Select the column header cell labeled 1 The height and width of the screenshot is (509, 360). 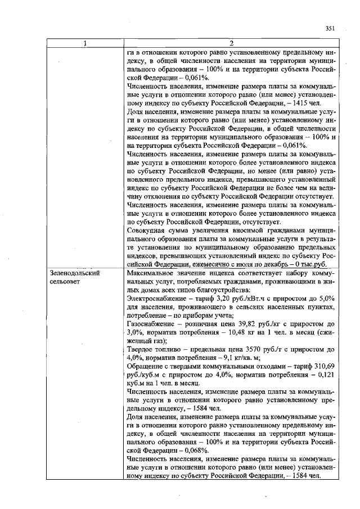(85, 44)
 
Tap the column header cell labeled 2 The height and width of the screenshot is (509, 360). (232, 44)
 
